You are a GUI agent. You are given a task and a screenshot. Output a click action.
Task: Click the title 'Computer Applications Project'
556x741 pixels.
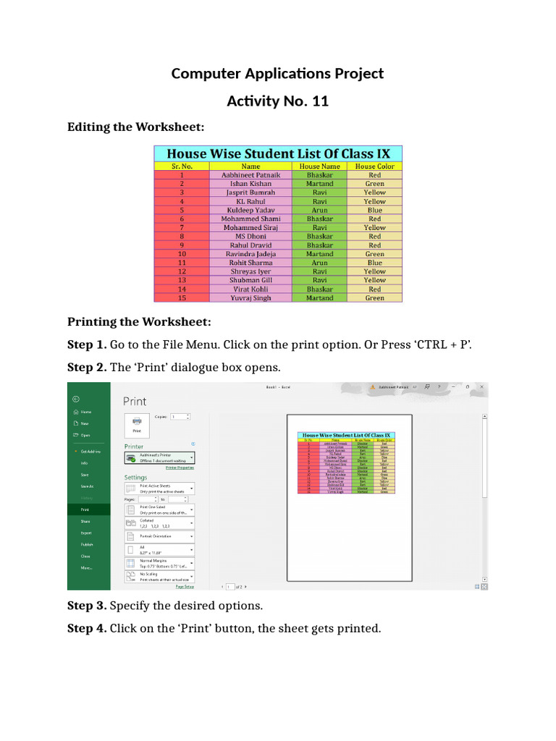(277, 73)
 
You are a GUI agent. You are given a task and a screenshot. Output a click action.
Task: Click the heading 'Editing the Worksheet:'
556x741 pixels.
(136, 127)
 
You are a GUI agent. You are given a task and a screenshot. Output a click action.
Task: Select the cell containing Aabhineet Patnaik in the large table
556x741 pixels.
(250, 175)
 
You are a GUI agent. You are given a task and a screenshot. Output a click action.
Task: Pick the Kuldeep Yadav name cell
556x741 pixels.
(250, 210)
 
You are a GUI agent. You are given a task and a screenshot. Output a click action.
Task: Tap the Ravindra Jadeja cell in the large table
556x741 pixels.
(250, 254)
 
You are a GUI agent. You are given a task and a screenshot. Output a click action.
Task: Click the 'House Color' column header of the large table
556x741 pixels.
(374, 166)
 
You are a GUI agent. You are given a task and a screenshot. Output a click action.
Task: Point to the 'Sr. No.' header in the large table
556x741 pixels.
(182, 166)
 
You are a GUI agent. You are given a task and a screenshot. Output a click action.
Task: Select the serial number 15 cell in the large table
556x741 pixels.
(182, 297)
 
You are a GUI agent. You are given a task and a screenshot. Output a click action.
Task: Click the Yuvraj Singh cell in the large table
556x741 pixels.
(250, 297)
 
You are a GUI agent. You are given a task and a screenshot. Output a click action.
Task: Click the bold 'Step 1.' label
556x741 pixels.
(87, 344)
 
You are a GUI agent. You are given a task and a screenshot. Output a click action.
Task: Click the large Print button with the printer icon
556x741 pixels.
(137, 423)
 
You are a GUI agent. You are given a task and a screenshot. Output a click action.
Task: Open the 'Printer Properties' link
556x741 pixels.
(180, 467)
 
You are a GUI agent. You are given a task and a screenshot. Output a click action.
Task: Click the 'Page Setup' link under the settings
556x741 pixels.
(184, 587)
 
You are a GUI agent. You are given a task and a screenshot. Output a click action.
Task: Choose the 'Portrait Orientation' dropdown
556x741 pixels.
(159, 536)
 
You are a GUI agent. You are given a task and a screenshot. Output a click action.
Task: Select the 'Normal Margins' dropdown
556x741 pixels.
(159, 563)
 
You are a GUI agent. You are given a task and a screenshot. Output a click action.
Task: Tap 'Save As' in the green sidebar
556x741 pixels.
(87, 486)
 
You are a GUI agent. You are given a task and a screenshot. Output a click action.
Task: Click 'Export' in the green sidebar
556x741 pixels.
(86, 533)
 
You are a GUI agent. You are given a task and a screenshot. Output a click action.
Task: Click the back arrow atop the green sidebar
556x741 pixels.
(75, 399)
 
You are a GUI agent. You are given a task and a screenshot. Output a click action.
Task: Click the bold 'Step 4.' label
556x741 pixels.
(87, 628)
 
